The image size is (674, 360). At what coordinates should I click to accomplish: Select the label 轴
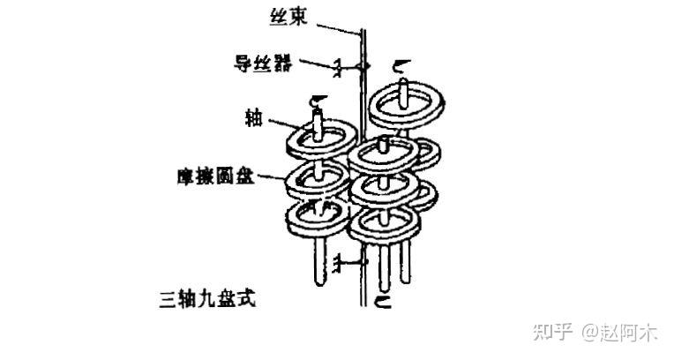[254, 117]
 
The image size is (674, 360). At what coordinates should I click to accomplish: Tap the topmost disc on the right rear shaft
[405, 105]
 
